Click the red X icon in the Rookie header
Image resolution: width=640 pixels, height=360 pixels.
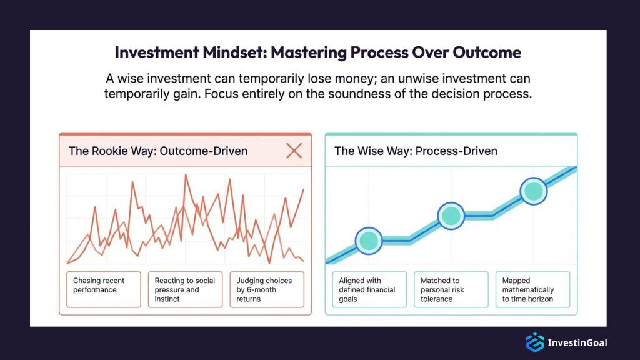[x=294, y=150]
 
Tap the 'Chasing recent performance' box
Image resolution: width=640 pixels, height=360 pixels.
[x=103, y=289]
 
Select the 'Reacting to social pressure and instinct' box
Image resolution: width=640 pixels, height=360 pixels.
[x=185, y=289]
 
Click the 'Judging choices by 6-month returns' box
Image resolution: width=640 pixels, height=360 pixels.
[x=266, y=289]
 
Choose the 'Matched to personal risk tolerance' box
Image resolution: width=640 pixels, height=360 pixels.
[x=451, y=289]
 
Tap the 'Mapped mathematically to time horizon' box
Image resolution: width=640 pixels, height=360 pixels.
[x=532, y=289]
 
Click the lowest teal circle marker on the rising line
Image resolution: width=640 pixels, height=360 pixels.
[x=369, y=240]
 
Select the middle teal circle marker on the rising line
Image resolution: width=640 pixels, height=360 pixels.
[x=451, y=216]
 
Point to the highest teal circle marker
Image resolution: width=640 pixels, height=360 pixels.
[x=533, y=191]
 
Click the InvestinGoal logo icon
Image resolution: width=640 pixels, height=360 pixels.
[x=535, y=342]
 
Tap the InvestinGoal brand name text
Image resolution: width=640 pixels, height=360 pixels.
[x=577, y=342]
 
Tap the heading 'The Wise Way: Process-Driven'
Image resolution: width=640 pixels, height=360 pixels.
[x=416, y=151]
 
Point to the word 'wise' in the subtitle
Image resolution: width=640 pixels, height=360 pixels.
[x=130, y=79]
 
